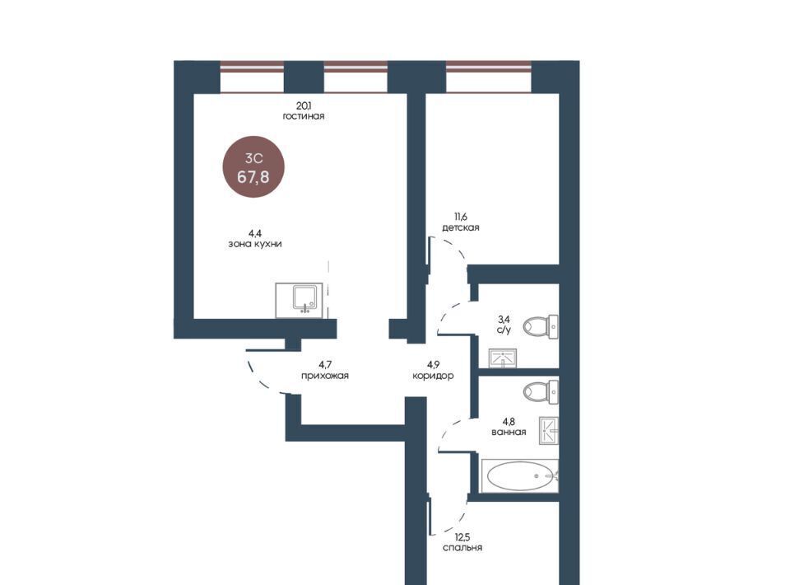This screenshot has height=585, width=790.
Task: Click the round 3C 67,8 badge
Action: [x=253, y=166]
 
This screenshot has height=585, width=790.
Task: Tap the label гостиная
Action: [x=304, y=116]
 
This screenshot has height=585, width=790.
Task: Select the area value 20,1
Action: [x=304, y=105]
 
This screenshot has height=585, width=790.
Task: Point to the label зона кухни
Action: [x=255, y=244]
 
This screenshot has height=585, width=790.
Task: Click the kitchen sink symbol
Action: [x=300, y=301]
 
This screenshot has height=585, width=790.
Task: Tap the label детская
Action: [x=461, y=228]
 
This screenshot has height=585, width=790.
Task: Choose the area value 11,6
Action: [x=461, y=217]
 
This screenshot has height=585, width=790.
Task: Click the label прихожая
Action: [x=324, y=376]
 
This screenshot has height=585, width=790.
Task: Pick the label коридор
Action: [x=433, y=376]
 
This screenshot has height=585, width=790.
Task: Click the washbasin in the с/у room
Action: [x=503, y=358]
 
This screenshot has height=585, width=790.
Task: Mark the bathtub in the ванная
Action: [x=520, y=475]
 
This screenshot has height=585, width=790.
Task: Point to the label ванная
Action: [x=509, y=433]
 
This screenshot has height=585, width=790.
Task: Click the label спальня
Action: [x=462, y=548]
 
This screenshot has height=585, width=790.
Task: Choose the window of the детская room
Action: [x=489, y=77]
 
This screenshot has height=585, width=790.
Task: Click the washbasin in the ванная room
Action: [x=549, y=431]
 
